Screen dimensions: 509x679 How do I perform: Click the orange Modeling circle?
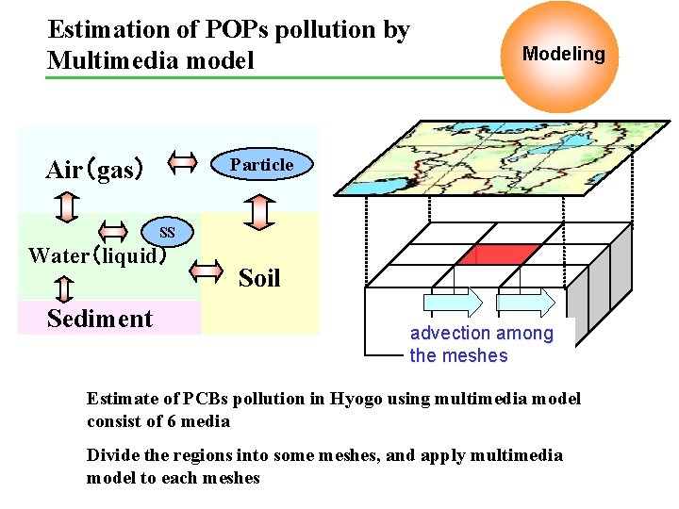tap(563, 57)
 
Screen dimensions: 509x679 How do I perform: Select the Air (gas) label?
tap(94, 170)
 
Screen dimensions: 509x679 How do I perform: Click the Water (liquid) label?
tap(98, 255)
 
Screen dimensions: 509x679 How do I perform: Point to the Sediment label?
tap(99, 319)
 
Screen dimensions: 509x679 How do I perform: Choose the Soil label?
tap(259, 278)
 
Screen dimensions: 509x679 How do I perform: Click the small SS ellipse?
tap(166, 232)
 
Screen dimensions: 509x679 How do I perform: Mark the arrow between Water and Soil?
tap(206, 272)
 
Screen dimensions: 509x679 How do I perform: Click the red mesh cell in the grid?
tap(506, 254)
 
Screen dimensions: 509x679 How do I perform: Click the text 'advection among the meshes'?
tap(481, 344)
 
